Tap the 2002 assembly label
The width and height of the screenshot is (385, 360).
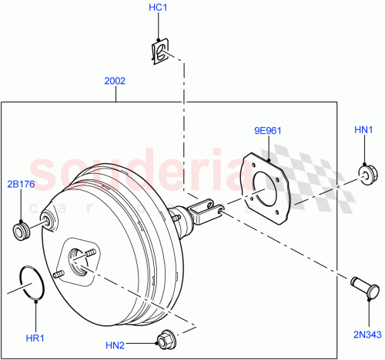[x=115, y=80]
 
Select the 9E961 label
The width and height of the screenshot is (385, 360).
[x=266, y=130]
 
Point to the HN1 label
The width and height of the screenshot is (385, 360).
[x=364, y=132]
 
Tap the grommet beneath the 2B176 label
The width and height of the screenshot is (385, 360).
[x=22, y=229]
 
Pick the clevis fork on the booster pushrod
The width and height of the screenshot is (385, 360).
[x=207, y=210]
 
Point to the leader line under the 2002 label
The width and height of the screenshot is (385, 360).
[x=115, y=94]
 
